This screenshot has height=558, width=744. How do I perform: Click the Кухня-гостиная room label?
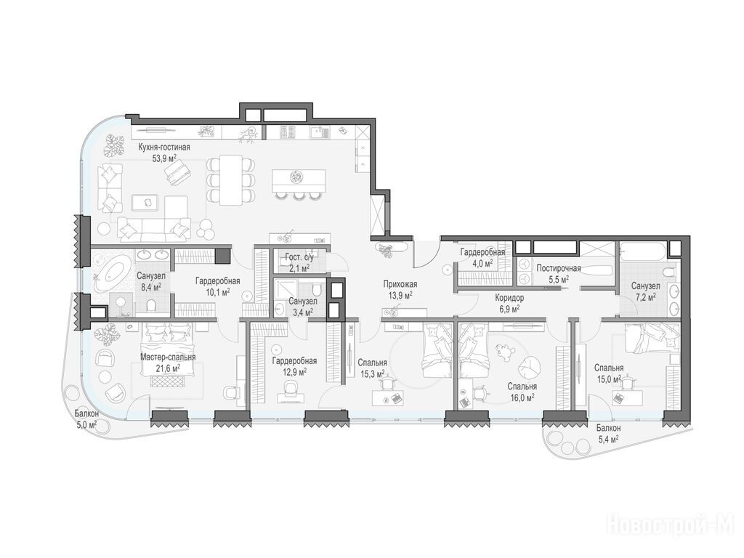(x=163, y=147)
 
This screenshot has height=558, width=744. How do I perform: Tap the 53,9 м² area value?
(x=164, y=158)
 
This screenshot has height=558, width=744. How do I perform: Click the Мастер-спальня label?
(x=168, y=357)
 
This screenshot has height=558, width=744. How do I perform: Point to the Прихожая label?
(x=400, y=285)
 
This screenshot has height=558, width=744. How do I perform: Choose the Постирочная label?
(x=559, y=269)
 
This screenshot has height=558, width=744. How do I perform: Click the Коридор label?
(x=509, y=298)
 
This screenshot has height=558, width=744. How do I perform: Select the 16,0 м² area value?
(x=522, y=397)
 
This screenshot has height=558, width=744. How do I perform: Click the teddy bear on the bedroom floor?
(x=503, y=352)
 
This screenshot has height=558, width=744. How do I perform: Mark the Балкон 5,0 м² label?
(x=86, y=419)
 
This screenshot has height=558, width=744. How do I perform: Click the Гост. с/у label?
(x=299, y=258)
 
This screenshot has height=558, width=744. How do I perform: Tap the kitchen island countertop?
(x=299, y=180)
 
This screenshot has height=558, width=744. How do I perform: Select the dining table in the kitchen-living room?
(x=231, y=180)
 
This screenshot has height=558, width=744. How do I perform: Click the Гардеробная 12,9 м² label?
(x=294, y=366)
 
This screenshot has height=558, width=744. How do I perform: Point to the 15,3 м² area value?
(x=373, y=374)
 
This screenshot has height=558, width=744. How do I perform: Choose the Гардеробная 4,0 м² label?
(x=482, y=258)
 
